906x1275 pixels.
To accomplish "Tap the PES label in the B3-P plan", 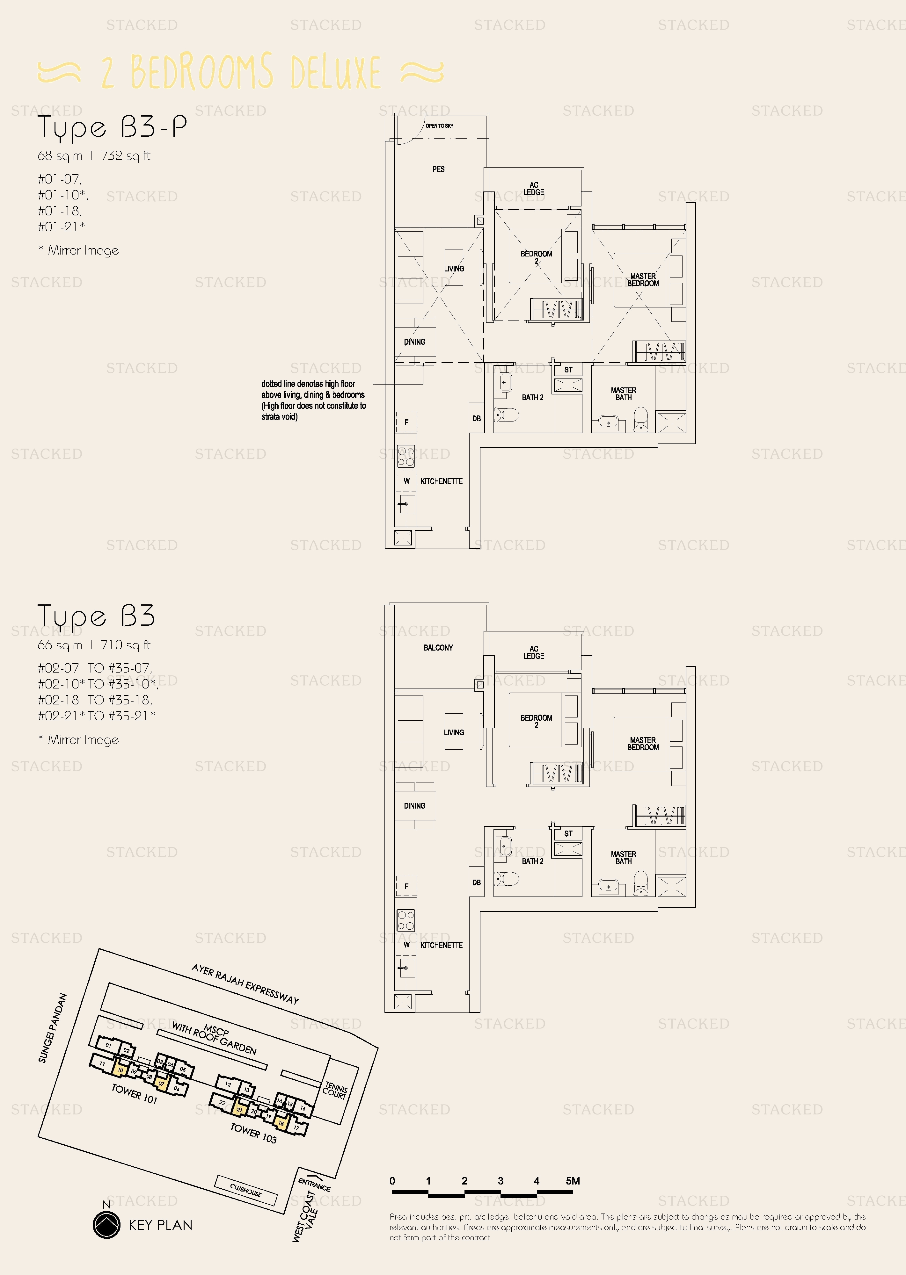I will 439,169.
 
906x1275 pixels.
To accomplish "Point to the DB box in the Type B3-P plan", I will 476,418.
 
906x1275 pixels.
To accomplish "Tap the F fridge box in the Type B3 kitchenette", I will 406,886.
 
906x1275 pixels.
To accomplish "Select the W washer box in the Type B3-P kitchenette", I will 406,480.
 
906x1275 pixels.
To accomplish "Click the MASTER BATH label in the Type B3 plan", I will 623,857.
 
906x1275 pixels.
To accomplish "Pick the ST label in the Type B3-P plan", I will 568,370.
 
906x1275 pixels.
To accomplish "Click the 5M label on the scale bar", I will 573,1181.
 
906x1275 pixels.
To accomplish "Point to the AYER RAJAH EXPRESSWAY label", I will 245,984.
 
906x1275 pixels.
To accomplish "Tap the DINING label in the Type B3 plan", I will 414,806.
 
